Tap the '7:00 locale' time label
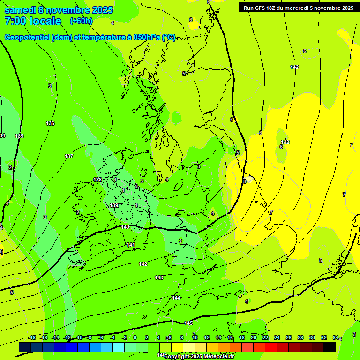[33, 21]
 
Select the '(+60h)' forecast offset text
[81, 21]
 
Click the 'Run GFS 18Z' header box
[297, 8]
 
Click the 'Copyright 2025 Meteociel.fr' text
[199, 357]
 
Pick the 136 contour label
[50, 123]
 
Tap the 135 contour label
[19, 136]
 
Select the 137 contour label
[69, 156]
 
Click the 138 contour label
[97, 180]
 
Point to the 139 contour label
[114, 206]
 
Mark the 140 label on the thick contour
[125, 227]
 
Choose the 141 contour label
[131, 245]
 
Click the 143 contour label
[159, 278]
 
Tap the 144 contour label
[176, 298]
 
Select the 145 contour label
[188, 323]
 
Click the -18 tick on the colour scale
[32, 338]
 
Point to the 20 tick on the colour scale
[253, 338]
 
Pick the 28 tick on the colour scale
[300, 338]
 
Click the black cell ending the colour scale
[330, 347]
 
